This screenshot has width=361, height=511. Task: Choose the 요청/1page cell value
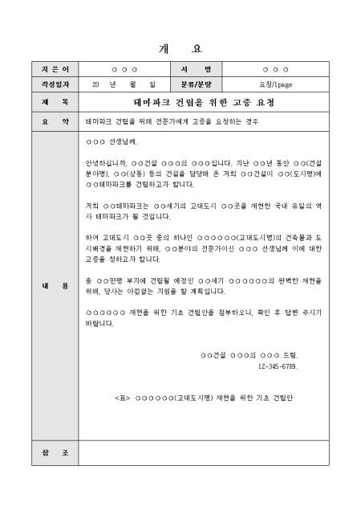point(275,84)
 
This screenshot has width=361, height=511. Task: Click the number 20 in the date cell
point(96,84)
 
